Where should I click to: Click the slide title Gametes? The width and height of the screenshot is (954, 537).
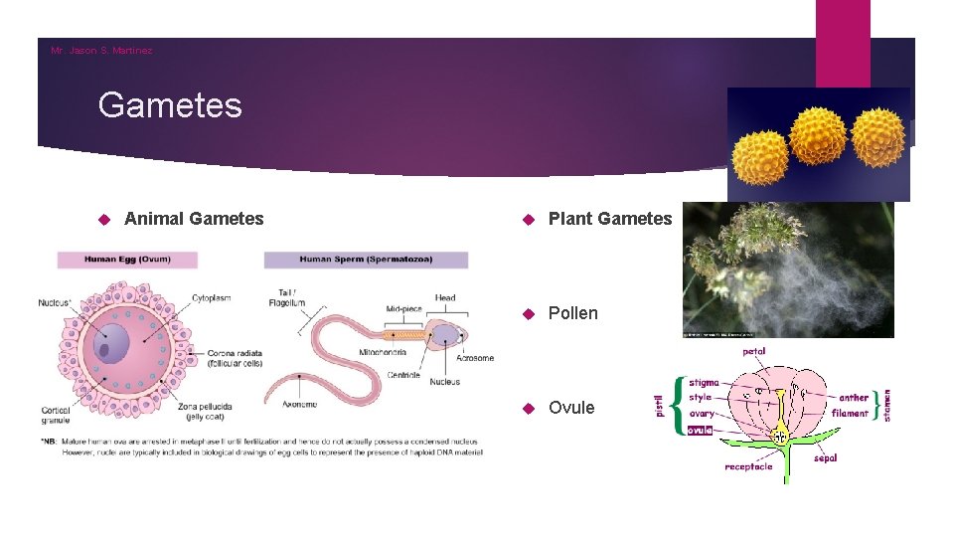coord(170,104)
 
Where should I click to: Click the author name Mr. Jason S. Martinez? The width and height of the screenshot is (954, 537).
coord(101,50)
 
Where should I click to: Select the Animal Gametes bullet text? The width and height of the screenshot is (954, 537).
coord(194,219)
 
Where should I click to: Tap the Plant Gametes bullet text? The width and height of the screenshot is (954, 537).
coord(610,219)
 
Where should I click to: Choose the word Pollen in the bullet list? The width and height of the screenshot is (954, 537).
coord(573,313)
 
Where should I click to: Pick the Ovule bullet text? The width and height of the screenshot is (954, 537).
coord(571,408)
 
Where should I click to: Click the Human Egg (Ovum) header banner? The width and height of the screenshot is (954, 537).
coord(127,260)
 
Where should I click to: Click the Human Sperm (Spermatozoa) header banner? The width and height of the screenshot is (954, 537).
coord(366,260)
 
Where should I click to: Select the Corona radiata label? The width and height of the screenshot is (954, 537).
coord(235,353)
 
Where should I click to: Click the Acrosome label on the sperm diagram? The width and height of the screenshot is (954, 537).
coord(474,358)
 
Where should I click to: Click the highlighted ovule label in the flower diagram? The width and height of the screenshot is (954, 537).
coord(700,430)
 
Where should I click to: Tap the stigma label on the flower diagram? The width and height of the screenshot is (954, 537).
coord(704,382)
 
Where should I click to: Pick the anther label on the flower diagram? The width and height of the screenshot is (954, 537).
coord(853,398)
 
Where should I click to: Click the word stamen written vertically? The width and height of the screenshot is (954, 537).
coord(887,404)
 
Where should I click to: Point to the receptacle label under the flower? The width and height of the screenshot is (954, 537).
coord(748,466)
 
